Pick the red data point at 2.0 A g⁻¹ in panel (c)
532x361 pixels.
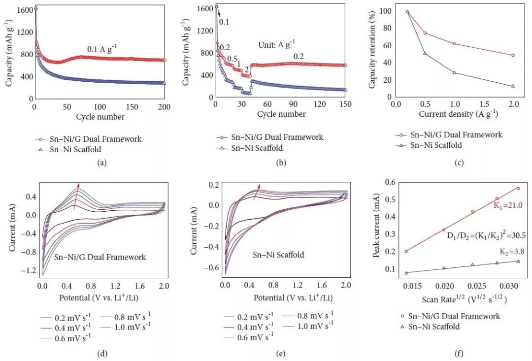(513, 55)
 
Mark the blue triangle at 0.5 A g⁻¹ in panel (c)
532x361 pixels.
(425, 53)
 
